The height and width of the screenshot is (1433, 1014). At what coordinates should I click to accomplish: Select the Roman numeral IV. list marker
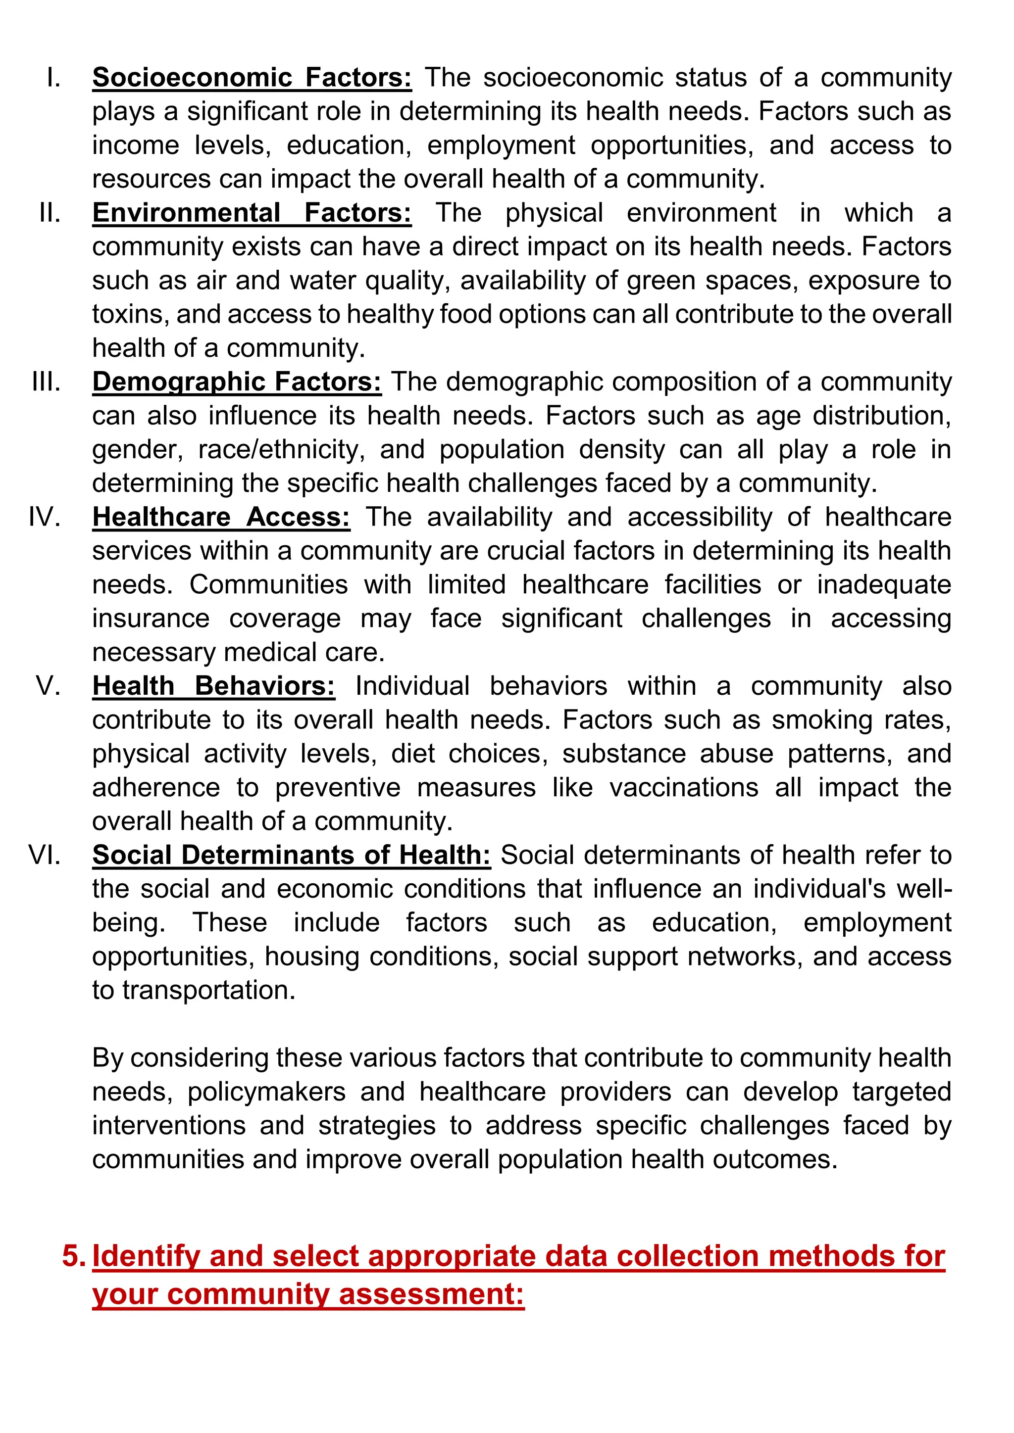pos(45,518)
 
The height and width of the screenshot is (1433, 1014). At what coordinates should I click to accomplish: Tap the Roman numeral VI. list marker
pos(45,855)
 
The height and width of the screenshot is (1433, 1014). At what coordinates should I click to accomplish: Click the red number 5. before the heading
pos(74,1255)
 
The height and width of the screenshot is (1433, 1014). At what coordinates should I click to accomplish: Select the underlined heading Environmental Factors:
pos(252,213)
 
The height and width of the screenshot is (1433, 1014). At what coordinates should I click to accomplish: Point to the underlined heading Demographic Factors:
pos(237,382)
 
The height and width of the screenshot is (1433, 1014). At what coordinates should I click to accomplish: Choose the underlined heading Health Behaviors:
pos(213,686)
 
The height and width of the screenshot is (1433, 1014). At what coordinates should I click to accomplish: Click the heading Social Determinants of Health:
pos(292,855)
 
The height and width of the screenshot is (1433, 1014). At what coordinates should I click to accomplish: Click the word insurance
pos(151,619)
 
